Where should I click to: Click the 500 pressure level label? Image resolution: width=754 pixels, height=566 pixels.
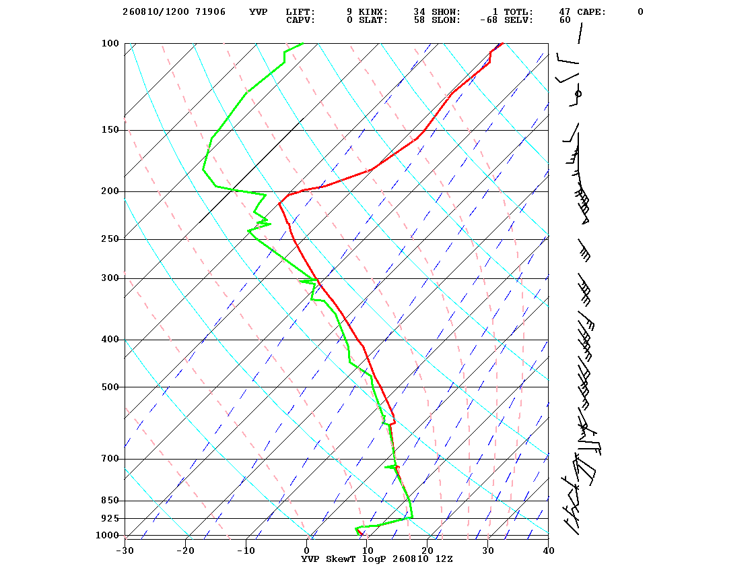110,387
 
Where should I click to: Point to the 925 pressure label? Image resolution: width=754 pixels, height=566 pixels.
110,518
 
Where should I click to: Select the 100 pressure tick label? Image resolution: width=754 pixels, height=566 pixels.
110,43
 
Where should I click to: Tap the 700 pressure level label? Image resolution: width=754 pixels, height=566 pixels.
110,459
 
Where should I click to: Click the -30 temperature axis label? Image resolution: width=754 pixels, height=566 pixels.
125,551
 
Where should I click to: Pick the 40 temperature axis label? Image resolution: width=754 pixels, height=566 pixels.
549,551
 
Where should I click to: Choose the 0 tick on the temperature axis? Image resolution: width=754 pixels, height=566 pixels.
307,551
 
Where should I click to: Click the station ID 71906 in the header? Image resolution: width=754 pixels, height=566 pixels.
211,11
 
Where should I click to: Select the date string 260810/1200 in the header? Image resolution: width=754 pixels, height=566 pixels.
156,11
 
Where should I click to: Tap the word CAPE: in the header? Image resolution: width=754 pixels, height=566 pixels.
592,11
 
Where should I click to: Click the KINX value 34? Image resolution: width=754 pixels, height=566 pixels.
419,11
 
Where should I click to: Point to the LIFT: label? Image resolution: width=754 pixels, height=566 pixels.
300,11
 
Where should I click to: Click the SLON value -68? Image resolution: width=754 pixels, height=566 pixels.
489,20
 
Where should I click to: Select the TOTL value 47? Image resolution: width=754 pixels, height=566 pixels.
565,11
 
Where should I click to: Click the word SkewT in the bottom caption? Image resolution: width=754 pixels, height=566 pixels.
341,559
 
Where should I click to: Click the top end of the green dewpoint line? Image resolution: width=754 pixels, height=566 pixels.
303,43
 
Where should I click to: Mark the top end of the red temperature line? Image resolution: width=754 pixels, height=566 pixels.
502,43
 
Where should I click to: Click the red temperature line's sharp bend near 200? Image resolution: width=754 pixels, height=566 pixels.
279,203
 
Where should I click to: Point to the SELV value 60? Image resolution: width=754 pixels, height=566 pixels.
565,20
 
